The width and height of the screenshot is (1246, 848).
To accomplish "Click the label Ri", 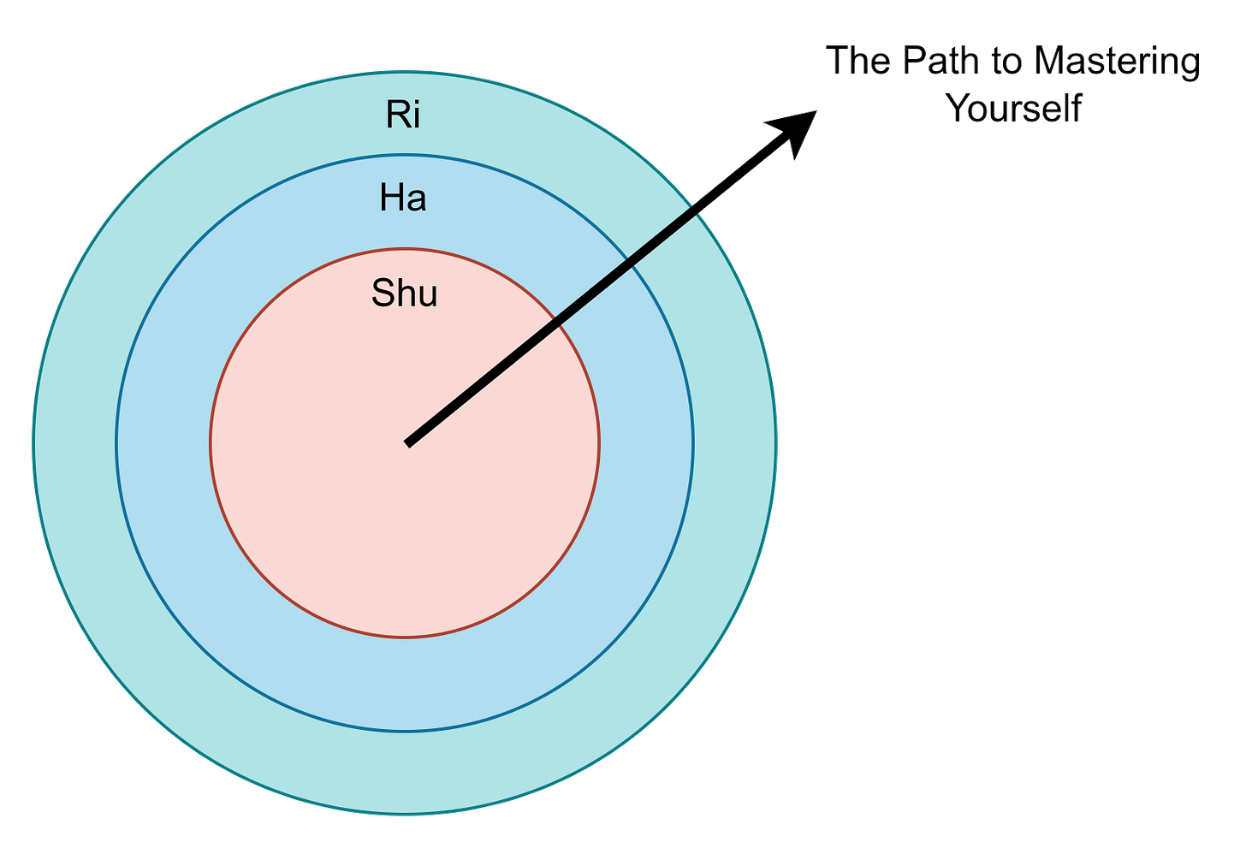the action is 403,115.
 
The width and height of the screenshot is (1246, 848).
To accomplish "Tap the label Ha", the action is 403,199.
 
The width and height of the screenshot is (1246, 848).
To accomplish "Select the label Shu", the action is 405,294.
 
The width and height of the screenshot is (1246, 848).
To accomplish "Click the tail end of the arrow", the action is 409,442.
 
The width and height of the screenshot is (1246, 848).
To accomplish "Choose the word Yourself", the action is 1015,108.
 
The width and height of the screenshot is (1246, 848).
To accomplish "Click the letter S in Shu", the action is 382,294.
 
